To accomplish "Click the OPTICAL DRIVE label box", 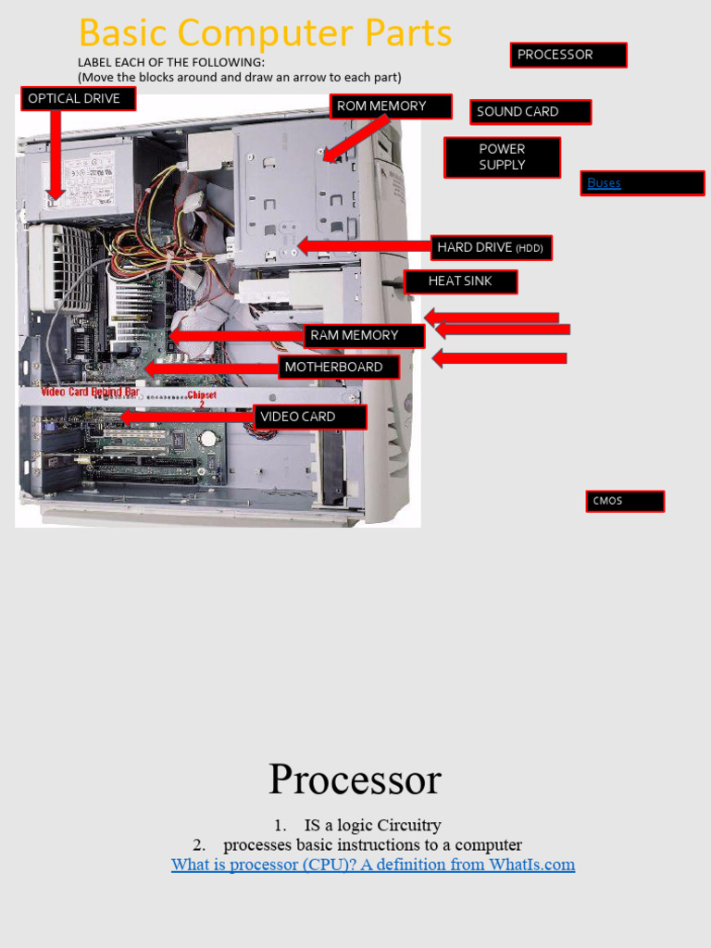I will [78, 99].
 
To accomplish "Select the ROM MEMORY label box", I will [391, 106].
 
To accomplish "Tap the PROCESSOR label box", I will [568, 55].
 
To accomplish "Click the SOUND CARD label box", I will [530, 112].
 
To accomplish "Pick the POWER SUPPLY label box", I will [502, 157].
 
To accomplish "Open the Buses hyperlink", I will [604, 183].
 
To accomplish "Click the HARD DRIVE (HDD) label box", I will [492, 247].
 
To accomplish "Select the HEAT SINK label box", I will [460, 281].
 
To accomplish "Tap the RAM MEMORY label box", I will [363, 336].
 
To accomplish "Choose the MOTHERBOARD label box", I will [339, 368].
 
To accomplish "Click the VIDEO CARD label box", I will [310, 418].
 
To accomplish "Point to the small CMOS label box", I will [624, 502].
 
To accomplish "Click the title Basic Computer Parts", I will [266, 33].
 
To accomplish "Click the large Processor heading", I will [355, 780].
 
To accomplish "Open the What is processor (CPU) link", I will [372, 865].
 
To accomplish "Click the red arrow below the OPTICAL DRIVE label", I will [56, 153].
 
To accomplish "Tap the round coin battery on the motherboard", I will [210, 437].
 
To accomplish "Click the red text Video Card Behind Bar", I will [90, 393].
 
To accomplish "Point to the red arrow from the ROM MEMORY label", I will [354, 138].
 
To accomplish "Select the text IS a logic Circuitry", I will [372, 825].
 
